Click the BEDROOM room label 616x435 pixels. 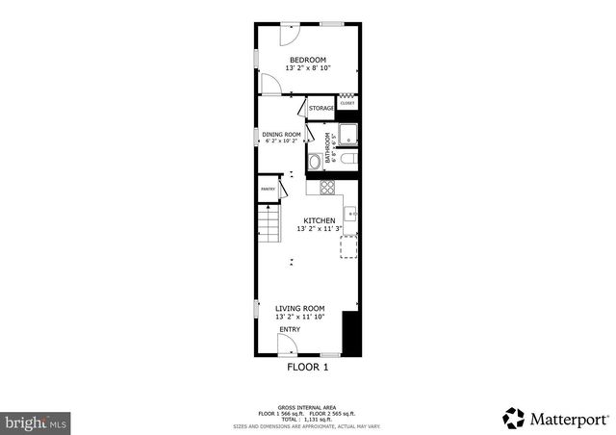pyautogui.click(x=308, y=60)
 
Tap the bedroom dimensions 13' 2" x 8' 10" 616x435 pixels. pyautogui.click(x=308, y=68)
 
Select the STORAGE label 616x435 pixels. pyautogui.click(x=321, y=109)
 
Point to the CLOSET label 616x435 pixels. pyautogui.click(x=346, y=103)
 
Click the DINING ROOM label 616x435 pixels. pyautogui.click(x=282, y=134)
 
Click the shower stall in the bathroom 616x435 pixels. pyautogui.click(x=346, y=134)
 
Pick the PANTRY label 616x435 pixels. pyautogui.click(x=268, y=190)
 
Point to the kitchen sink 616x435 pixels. pyautogui.click(x=351, y=213)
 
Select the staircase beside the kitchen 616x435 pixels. pyautogui.click(x=267, y=227)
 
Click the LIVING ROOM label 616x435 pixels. pyautogui.click(x=299, y=308)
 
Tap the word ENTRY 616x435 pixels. pyautogui.click(x=289, y=330)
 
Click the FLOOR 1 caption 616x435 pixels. pyautogui.click(x=308, y=367)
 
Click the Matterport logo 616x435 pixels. pyautogui.click(x=555, y=418)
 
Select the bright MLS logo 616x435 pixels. pyautogui.click(x=36, y=422)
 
